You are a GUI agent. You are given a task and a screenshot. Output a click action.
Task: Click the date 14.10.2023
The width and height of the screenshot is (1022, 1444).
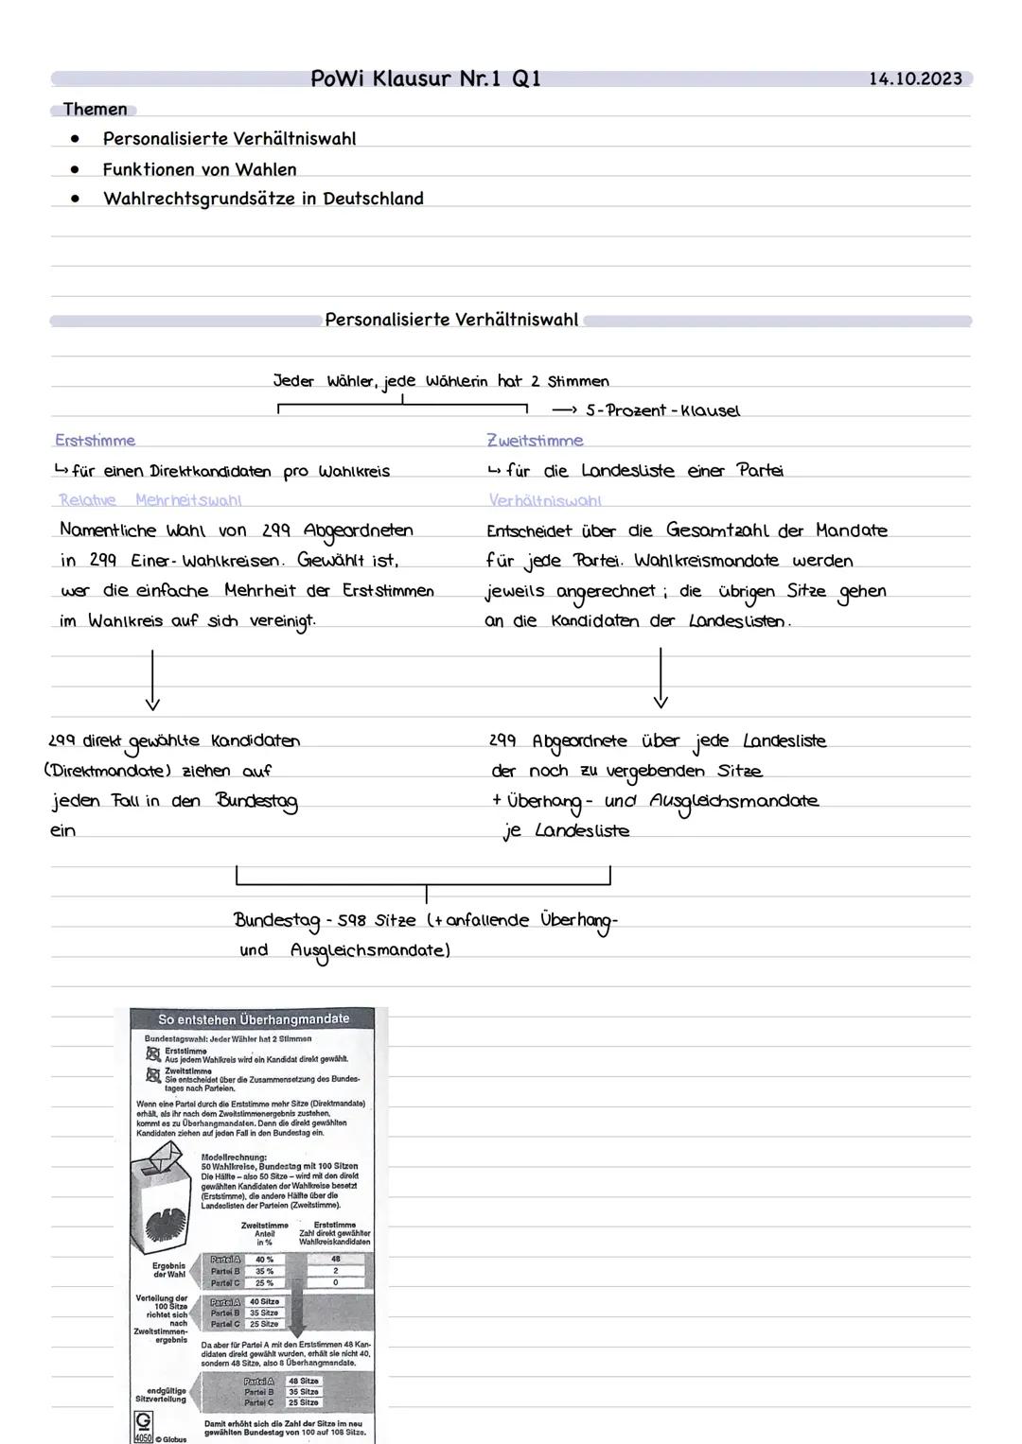point(914,78)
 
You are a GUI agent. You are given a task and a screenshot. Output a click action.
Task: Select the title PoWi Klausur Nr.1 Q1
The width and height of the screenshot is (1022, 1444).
point(426,78)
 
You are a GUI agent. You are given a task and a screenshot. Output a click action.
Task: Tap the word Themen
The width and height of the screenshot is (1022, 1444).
point(95,109)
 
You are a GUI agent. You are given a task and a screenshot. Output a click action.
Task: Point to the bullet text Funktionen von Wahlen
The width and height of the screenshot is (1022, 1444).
point(200,169)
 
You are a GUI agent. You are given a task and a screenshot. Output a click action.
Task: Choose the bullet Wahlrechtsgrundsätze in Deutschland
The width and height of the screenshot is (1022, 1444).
point(263,199)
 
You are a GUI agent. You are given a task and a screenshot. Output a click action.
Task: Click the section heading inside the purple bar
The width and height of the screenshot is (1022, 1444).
point(451,320)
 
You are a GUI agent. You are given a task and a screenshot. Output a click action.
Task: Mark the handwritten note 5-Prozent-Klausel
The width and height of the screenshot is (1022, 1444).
point(662,410)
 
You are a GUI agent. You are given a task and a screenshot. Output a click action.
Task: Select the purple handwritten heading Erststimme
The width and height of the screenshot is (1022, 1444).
point(95,440)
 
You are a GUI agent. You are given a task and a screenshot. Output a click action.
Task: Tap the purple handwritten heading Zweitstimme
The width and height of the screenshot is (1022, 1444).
point(535,440)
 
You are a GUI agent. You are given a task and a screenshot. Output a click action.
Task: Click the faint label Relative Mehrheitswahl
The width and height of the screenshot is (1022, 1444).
point(150,499)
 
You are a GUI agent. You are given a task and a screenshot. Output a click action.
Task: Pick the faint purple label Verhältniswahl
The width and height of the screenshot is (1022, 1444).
point(544,499)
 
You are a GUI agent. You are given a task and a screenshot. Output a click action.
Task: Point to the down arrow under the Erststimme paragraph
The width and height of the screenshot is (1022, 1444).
point(151,679)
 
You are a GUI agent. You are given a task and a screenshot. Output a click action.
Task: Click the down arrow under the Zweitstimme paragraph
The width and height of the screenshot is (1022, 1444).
point(661,679)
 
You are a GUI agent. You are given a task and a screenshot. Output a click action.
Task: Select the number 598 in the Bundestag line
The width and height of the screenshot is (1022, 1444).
point(352,920)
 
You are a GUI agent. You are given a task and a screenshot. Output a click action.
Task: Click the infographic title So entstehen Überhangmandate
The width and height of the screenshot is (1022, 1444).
point(254,1018)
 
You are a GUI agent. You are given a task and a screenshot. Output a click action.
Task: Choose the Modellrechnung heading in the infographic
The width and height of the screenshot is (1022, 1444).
point(234,1157)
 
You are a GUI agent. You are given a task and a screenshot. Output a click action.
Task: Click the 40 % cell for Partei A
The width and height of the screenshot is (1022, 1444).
point(264,1260)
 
